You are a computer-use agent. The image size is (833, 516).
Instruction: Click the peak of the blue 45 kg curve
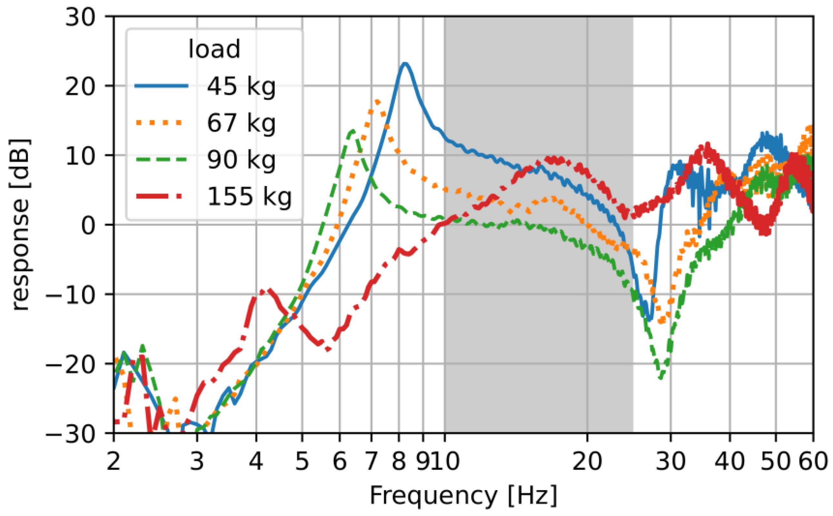click(405, 63)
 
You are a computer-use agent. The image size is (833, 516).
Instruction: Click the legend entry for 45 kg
click(241, 86)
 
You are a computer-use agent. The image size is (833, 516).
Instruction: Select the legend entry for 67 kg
click(241, 123)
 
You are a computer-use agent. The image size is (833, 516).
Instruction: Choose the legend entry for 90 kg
click(241, 160)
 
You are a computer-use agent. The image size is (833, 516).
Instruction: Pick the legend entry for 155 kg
click(249, 197)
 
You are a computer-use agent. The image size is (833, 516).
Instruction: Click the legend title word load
click(214, 50)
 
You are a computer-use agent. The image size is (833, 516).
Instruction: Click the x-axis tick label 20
click(587, 462)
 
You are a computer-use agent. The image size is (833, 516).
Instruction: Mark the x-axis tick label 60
click(812, 462)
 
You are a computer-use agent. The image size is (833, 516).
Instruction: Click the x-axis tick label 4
click(256, 462)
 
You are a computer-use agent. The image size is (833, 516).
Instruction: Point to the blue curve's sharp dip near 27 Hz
click(649, 319)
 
